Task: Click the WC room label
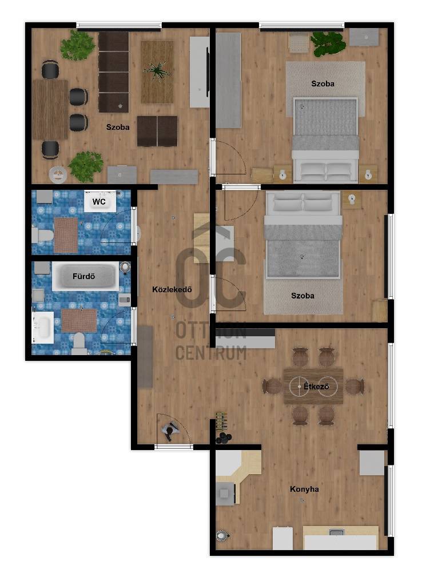pyautogui.click(x=99, y=202)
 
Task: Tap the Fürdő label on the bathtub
pyautogui.click(x=83, y=276)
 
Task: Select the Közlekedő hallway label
pyautogui.click(x=172, y=289)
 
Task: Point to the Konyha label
pyautogui.click(x=304, y=489)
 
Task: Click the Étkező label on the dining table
pyautogui.click(x=316, y=387)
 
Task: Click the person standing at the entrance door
pyautogui.click(x=170, y=431)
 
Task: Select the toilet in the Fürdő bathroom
pyautogui.click(x=78, y=343)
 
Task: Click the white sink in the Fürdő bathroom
pyautogui.click(x=43, y=327)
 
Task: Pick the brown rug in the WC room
pyautogui.click(x=66, y=235)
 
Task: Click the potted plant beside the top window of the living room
pyautogui.click(x=77, y=45)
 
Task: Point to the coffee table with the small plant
pyautogui.click(x=157, y=72)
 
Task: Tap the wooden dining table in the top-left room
pyautogui.click(x=50, y=110)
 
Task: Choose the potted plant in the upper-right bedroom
pyautogui.click(x=328, y=43)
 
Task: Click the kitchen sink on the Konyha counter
pyautogui.click(x=337, y=532)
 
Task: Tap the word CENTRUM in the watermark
pyautogui.click(x=211, y=353)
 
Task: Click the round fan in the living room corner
pyautogui.click(x=58, y=175)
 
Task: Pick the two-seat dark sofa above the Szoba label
pyautogui.click(x=157, y=131)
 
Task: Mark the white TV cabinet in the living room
pyautogui.click(x=200, y=72)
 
